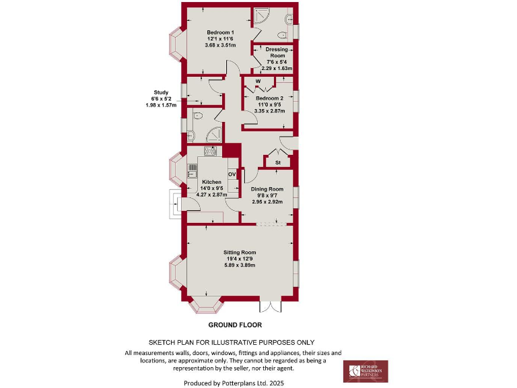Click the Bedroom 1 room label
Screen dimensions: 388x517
(x=220, y=33)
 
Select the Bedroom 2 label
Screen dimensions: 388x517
(x=267, y=98)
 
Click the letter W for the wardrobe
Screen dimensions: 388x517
(x=258, y=82)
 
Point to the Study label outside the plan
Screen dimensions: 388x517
(x=161, y=92)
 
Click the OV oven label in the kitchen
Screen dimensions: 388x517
(x=232, y=174)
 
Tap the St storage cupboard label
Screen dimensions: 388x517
(x=278, y=163)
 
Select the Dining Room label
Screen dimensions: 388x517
(x=267, y=190)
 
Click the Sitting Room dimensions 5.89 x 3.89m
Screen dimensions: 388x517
(x=240, y=265)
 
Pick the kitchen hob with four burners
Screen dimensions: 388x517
(x=210, y=152)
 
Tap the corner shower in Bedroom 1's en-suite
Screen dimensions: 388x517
(x=260, y=17)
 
